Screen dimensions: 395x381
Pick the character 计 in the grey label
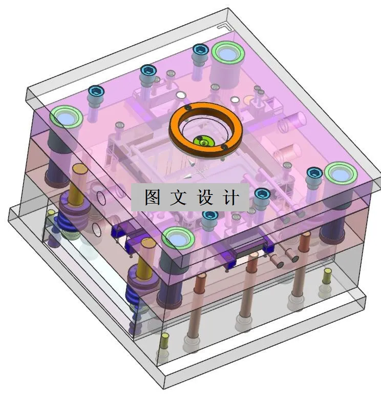[x=231, y=197]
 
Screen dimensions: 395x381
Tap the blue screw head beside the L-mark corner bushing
[x=200, y=50]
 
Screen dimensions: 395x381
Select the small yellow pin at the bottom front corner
[x=165, y=339]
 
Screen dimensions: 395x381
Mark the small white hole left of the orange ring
[x=180, y=95]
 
